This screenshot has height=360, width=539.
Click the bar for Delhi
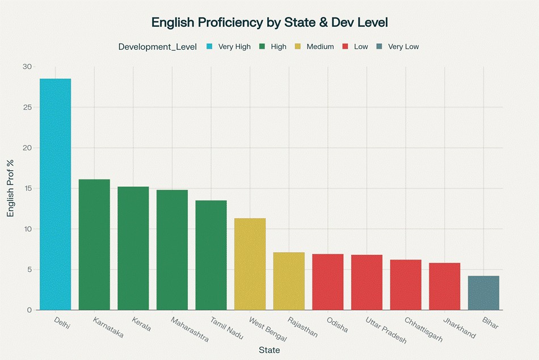[55, 194]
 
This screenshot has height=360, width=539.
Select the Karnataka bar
[94, 245]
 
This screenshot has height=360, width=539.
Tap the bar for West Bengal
[250, 264]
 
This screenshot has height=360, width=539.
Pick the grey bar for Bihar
[483, 293]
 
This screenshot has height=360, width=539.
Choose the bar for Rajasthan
[289, 281]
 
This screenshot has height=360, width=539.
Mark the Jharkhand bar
[444, 286]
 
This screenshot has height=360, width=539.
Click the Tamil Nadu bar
[211, 255]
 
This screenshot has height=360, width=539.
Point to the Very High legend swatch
[209, 47]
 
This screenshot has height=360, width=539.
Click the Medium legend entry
[320, 47]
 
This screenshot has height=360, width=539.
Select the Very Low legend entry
[403, 47]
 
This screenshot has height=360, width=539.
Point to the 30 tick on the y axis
[27, 67]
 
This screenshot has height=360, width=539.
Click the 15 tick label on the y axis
[27, 189]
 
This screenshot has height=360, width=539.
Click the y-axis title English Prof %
[11, 189]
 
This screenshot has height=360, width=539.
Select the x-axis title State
[269, 350]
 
